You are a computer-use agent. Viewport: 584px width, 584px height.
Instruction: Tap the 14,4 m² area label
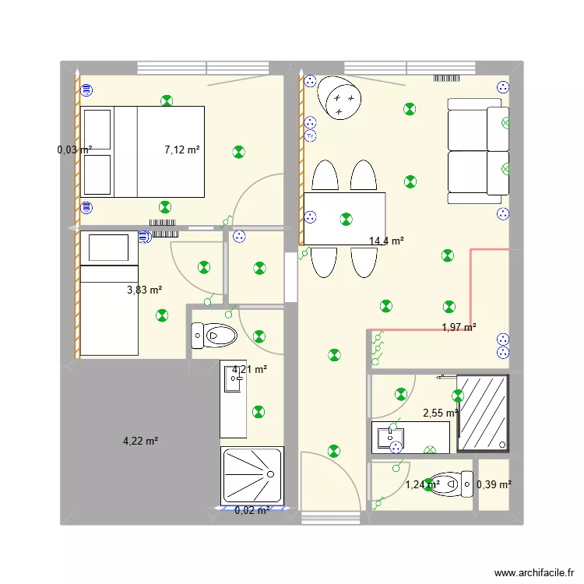pos(386,241)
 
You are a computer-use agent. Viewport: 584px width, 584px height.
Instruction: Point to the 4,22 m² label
pos(140,441)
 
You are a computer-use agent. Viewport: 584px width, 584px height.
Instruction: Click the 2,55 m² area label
pos(440,413)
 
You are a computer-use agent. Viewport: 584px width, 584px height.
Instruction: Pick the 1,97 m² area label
pos(459,328)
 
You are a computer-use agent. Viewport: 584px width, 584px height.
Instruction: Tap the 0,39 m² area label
pos(494,484)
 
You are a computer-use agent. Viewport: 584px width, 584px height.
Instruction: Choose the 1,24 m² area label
pos(423,484)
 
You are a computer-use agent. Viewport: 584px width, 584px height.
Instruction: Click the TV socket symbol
pos(310,135)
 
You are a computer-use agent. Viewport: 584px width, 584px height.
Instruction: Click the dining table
pos(344,219)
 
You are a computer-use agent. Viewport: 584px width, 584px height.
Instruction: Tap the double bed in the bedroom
pos(143,151)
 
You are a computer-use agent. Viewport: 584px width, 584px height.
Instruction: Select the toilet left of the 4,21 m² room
pos(214,336)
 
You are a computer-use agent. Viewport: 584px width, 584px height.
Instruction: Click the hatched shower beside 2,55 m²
pos(483,412)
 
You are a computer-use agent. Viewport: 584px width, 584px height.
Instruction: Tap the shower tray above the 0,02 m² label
pos(253,474)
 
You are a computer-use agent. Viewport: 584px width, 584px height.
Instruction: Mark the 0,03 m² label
pos(75,150)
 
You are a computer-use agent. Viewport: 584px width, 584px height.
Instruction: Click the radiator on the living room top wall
pos(449,78)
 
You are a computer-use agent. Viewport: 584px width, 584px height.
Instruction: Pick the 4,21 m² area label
pos(250,370)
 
